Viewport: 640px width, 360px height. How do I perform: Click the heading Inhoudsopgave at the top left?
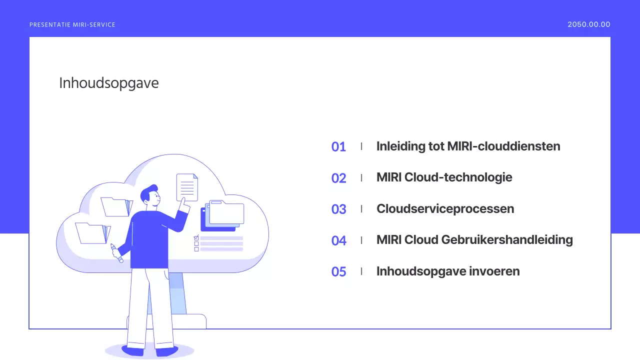(x=109, y=83)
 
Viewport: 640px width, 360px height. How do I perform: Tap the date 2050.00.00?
(x=588, y=24)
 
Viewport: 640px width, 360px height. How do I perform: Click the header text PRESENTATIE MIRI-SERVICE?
(x=72, y=25)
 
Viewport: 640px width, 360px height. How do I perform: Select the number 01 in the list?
(x=338, y=147)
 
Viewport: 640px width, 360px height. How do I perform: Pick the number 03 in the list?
(x=338, y=209)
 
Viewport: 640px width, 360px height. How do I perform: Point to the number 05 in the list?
(x=338, y=272)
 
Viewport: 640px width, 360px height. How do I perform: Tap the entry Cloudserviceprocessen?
(x=445, y=208)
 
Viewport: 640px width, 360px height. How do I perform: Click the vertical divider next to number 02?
(x=361, y=177)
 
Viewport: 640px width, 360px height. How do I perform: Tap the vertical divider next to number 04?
(x=361, y=240)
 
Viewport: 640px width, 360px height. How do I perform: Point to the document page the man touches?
(x=187, y=186)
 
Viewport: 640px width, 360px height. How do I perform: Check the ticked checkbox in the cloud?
(x=196, y=237)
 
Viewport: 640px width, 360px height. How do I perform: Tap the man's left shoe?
(x=132, y=350)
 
